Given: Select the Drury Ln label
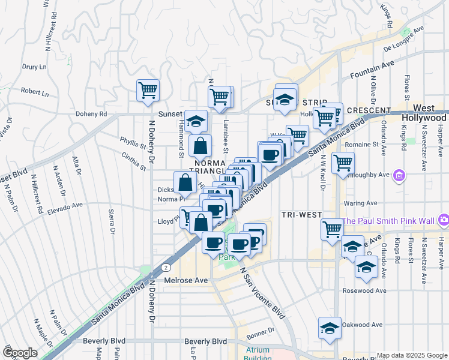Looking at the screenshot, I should (34, 67).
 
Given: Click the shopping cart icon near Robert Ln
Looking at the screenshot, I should (148, 91).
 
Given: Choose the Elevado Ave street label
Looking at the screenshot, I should (67, 207).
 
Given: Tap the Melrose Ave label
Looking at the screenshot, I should (186, 280).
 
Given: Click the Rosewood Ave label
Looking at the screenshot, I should (362, 290).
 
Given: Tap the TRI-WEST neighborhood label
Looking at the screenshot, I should (301, 215).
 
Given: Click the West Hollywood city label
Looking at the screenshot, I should (424, 113).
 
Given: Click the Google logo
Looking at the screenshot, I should (20, 353).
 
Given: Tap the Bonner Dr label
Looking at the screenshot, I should (260, 330).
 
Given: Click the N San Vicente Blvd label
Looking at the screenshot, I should (263, 293).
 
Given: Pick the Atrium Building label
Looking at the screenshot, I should (258, 354).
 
